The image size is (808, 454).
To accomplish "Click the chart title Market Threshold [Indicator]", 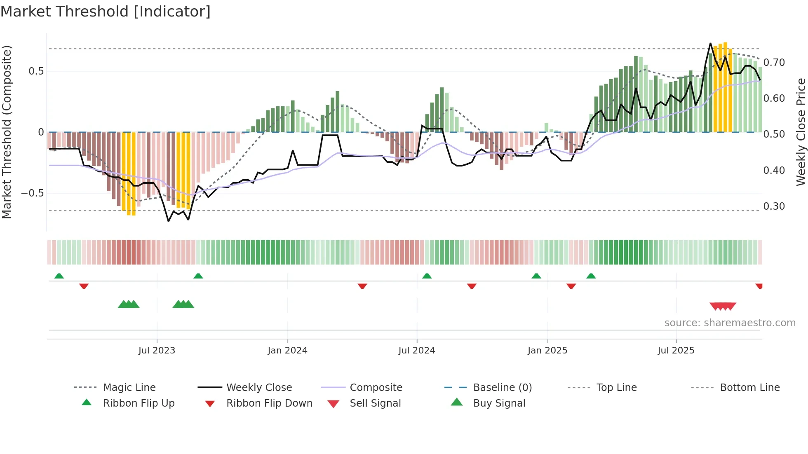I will coord(106,12).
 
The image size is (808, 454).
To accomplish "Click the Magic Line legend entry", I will coord(129,387).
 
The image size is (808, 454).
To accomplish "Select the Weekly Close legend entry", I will coord(259,387).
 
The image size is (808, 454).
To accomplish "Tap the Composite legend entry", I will coord(376,387).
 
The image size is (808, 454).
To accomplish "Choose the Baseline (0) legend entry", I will coord(502,387).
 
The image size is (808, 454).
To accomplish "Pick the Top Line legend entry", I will coord(616,387).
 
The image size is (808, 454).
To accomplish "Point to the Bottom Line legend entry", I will coord(749,387).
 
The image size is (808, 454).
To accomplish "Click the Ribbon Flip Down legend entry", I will coord(269,403).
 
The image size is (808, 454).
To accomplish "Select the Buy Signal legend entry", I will coord(499,403).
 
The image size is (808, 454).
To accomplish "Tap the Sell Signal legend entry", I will coord(375,403).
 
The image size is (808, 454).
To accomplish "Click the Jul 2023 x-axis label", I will coord(157,350).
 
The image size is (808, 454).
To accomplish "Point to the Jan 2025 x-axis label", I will coord(547,350).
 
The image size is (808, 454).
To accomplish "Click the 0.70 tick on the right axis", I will coord(774,63).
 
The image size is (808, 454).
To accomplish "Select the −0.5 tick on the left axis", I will coord(33,193).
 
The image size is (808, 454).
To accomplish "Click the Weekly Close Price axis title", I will coord(801,132).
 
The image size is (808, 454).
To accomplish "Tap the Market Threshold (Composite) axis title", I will coord(7,132).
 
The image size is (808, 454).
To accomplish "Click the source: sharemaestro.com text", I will coord(730,323).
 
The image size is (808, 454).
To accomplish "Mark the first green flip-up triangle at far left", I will coord(59,276).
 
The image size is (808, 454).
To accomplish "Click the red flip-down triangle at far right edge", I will coord(759,286).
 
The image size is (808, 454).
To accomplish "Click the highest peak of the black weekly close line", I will coord(710,43).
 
